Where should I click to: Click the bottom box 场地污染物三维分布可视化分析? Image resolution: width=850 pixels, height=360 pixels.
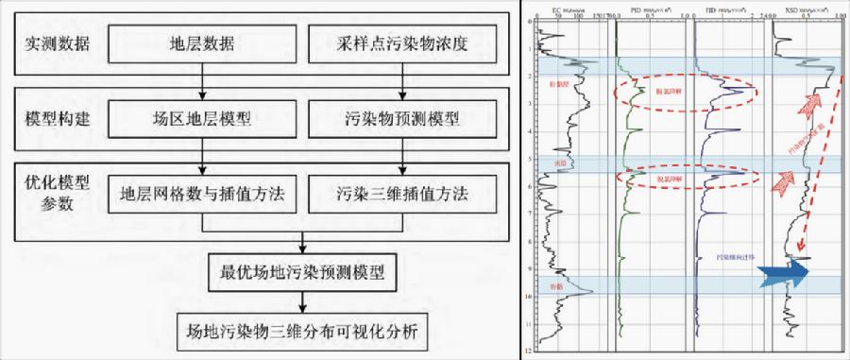click(301, 333)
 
